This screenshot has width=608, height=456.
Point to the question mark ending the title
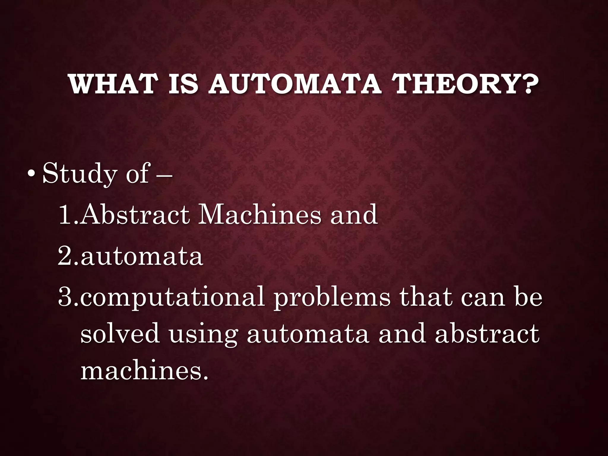[530, 84]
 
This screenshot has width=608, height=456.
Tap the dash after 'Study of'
[163, 175]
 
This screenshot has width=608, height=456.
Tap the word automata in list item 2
[142, 256]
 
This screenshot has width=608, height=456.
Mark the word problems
[332, 297]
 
